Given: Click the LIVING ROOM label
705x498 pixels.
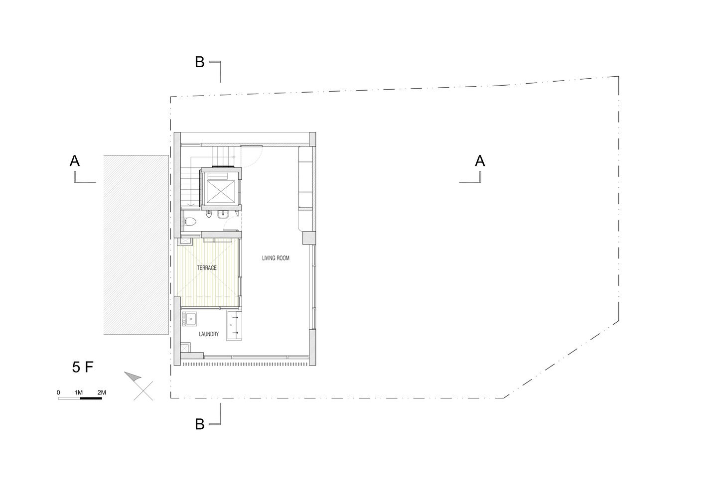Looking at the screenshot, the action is [276, 258].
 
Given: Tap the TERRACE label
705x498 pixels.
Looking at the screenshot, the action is [206, 268].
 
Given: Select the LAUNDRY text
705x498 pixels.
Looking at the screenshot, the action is [209, 334].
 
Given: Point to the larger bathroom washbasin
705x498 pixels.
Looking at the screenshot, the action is [223, 215].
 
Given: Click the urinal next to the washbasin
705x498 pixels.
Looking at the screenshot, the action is [209, 215].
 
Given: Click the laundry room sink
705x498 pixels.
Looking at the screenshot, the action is [190, 319].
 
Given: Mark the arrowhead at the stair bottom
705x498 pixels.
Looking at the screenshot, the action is [190, 205].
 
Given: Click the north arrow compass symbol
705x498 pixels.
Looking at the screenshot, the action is [139, 385].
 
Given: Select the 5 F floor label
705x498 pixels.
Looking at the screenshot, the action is [83, 367].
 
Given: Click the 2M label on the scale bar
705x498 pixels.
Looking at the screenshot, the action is [102, 392].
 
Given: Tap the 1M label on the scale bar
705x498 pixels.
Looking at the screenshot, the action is [78, 392].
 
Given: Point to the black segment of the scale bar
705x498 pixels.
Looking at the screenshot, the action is [91, 398].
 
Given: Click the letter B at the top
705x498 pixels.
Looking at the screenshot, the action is [199, 62].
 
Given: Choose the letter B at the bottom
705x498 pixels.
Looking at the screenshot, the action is [199, 424].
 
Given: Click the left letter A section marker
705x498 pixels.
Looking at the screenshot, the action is [75, 161].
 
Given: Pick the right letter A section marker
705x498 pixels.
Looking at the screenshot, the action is [480, 161].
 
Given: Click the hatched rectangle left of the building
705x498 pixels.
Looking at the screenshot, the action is [136, 245].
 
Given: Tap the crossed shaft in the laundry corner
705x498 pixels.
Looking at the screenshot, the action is [184, 349].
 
